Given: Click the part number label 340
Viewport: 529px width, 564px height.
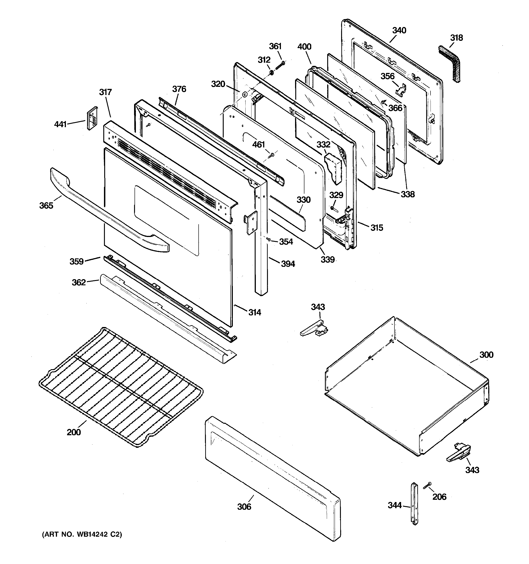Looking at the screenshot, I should click(x=399, y=30).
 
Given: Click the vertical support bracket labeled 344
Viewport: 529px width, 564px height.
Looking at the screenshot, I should click(x=414, y=504).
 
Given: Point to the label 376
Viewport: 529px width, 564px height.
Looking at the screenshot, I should click(x=179, y=89).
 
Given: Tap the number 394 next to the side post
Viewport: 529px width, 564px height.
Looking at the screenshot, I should click(x=288, y=264).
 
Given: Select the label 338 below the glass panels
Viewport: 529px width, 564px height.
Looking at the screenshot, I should click(x=407, y=194).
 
